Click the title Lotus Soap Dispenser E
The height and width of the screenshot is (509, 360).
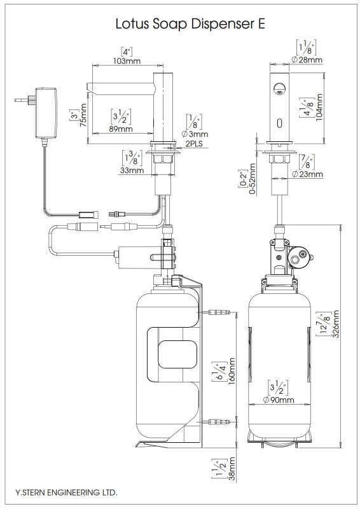pos(190,24)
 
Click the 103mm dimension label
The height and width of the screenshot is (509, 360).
pos(127,60)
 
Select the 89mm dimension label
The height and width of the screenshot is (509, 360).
pos(121,129)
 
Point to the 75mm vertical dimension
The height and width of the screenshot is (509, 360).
pos(83,115)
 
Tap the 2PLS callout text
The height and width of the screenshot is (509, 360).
pos(194,143)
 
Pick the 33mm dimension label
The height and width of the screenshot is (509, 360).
pos(132,170)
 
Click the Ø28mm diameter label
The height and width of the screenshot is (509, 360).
pos(307,60)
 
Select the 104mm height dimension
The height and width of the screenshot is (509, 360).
pos(319,107)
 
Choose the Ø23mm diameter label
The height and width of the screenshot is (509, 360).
pos(307,174)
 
